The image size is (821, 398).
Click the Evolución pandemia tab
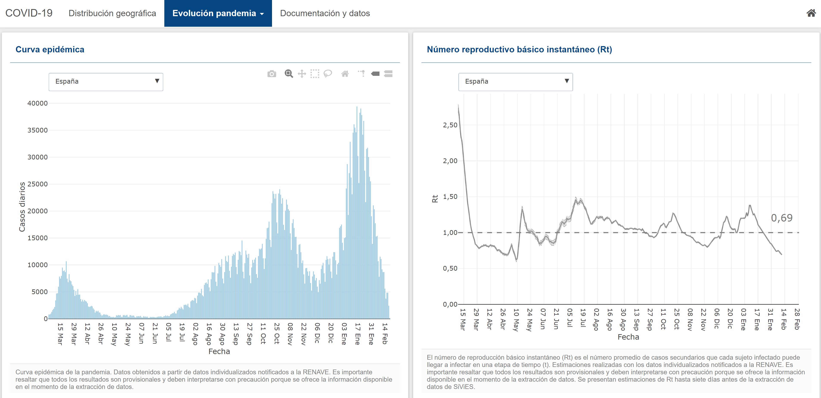[x=218, y=13]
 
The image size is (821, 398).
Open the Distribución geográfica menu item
[x=112, y=13]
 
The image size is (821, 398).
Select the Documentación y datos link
[x=325, y=13]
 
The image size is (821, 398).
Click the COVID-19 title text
[x=29, y=13]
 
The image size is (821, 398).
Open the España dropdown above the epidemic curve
[x=106, y=82]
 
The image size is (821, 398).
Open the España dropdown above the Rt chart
[x=515, y=82]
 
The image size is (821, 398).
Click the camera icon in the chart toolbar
[x=272, y=74]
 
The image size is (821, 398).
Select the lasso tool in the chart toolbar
[x=328, y=74]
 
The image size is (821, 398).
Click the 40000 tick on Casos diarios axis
[x=38, y=103]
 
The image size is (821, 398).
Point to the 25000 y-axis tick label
[x=38, y=184]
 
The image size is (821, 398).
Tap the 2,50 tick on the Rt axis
[x=450, y=125]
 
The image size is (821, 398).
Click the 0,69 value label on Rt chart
[x=782, y=218]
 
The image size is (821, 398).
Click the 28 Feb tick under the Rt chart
[x=797, y=319]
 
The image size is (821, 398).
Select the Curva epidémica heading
[x=50, y=49]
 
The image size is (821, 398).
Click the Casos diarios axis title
[x=22, y=207]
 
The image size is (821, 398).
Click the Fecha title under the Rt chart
[x=628, y=337]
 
